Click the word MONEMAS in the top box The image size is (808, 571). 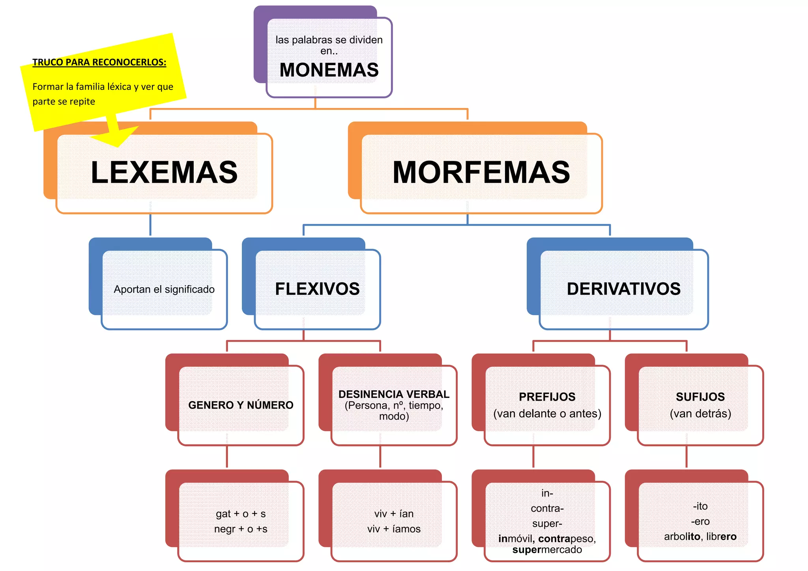[x=329, y=70]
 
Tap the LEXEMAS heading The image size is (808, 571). [x=164, y=173]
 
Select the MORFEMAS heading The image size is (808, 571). [x=481, y=173]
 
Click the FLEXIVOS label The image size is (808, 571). [x=317, y=289]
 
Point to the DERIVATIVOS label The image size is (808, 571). [x=623, y=289]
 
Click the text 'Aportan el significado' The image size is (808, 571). [x=164, y=289]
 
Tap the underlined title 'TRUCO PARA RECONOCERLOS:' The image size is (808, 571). [x=99, y=62]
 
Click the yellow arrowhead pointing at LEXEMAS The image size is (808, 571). [x=114, y=136]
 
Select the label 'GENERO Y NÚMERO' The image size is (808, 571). [x=241, y=405]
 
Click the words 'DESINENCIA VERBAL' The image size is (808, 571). [x=394, y=394]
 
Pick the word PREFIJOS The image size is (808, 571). [x=547, y=397]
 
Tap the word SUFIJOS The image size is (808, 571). [x=700, y=397]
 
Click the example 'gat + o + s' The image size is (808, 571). [x=241, y=514]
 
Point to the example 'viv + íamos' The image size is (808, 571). [x=394, y=529]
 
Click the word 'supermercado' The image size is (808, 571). [x=547, y=550]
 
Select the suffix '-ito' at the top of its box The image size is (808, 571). [x=700, y=506]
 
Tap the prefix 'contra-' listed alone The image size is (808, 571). [x=547, y=508]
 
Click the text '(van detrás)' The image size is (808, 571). [x=700, y=414]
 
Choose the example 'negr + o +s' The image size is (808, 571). [x=241, y=529]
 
